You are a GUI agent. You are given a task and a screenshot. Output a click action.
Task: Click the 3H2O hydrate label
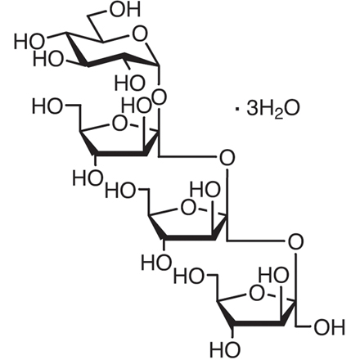click(273, 109)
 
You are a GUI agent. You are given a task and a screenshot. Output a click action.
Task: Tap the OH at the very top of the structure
click(124, 9)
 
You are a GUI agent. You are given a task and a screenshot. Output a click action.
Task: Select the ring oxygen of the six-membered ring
click(139, 34)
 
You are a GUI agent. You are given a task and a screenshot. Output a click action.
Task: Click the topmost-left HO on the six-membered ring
click(29, 42)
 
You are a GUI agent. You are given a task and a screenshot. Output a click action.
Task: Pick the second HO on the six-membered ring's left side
click(48, 59)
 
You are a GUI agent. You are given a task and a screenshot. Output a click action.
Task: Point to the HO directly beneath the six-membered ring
click(129, 83)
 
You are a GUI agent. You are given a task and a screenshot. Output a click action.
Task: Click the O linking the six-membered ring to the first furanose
click(160, 97)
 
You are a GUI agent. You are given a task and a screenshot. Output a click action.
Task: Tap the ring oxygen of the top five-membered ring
click(119, 124)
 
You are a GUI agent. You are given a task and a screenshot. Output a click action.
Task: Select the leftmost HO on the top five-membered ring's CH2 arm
click(47, 106)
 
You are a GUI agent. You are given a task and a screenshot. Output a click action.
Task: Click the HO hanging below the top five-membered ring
click(88, 178)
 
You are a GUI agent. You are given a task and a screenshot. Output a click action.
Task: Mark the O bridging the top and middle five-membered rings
click(227, 158)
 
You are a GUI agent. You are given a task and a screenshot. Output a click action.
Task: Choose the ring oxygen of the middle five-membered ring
click(188, 208)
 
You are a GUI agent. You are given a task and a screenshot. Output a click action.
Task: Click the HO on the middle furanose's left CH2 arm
click(120, 191)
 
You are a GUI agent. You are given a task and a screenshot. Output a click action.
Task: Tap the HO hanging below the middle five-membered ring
click(156, 263)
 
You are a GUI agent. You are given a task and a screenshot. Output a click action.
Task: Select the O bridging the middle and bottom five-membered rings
click(295, 242)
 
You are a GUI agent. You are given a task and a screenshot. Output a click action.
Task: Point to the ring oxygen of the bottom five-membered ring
click(257, 294)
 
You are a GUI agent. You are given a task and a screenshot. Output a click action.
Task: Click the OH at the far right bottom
click(330, 327)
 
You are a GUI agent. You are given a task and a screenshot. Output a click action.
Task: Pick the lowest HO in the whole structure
click(225, 349)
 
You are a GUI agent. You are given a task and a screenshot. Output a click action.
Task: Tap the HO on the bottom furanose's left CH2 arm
click(189, 277)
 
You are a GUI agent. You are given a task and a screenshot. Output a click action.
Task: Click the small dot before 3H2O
click(236, 110)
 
